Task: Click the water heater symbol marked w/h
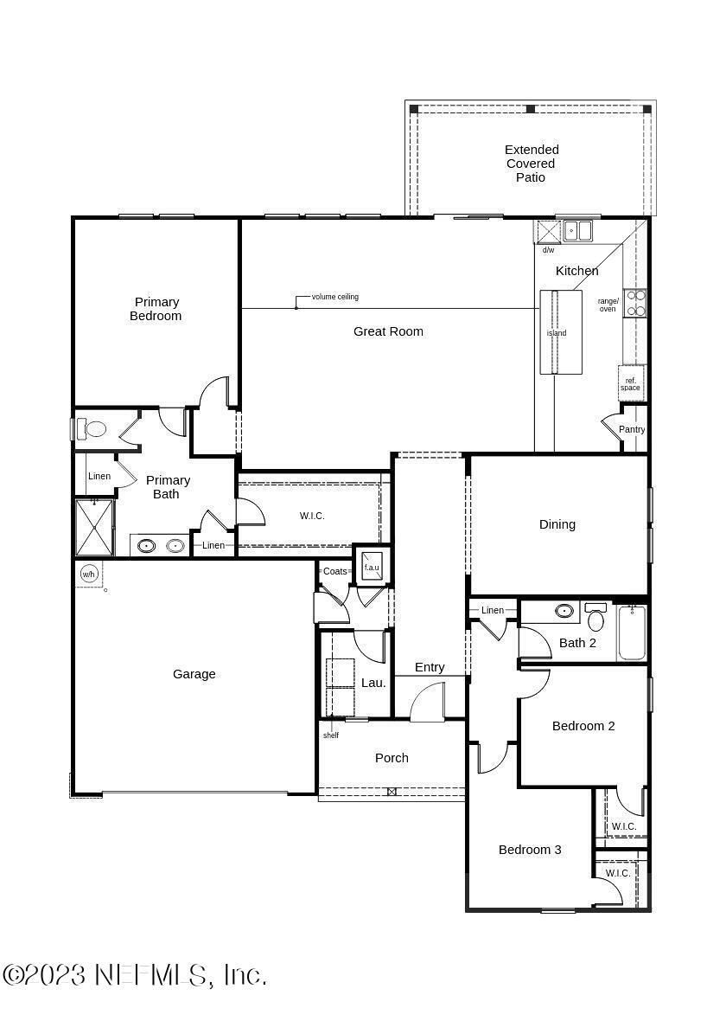pyautogui.click(x=88, y=574)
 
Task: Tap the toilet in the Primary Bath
pyautogui.click(x=92, y=429)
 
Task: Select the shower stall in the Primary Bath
pyautogui.click(x=94, y=527)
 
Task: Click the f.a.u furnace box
pyautogui.click(x=372, y=566)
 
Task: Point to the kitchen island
pyautogui.click(x=560, y=332)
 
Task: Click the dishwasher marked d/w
pyautogui.click(x=548, y=233)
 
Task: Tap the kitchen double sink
pyautogui.click(x=577, y=231)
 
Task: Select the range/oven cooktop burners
pyautogui.click(x=635, y=303)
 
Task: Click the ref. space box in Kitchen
pyautogui.click(x=631, y=383)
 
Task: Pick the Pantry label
pyautogui.click(x=632, y=430)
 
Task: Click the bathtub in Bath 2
pyautogui.click(x=632, y=633)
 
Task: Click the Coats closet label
pyautogui.click(x=334, y=571)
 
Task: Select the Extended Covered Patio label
pyautogui.click(x=532, y=164)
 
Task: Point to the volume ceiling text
pyautogui.click(x=335, y=297)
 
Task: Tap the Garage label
pyautogui.click(x=194, y=674)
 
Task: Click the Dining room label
pyautogui.click(x=557, y=524)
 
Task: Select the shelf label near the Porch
pyautogui.click(x=331, y=735)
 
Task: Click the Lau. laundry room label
pyautogui.click(x=373, y=683)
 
